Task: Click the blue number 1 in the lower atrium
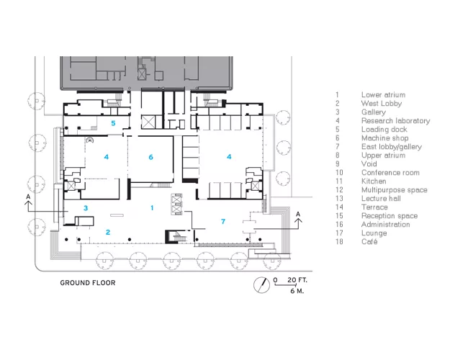click(x=152, y=208)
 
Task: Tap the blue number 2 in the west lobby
click(x=108, y=232)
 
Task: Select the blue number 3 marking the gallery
click(x=86, y=208)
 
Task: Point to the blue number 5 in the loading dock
click(x=113, y=123)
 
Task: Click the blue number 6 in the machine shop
click(x=150, y=157)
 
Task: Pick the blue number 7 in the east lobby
click(x=223, y=221)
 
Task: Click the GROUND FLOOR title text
click(x=88, y=283)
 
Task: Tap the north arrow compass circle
click(x=262, y=285)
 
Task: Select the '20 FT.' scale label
click(x=297, y=280)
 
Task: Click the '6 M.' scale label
click(x=297, y=291)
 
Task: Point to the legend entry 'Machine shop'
click(x=384, y=138)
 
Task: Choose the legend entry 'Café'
click(x=369, y=241)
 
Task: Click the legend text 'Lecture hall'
click(x=381, y=199)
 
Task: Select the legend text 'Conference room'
click(x=390, y=173)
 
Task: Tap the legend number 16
click(x=339, y=224)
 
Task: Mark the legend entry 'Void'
click(x=369, y=164)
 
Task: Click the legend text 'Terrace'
click(x=374, y=207)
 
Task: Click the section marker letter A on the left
click(x=28, y=197)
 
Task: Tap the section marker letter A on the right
click(x=298, y=215)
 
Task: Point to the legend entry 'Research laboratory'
click(x=395, y=120)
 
